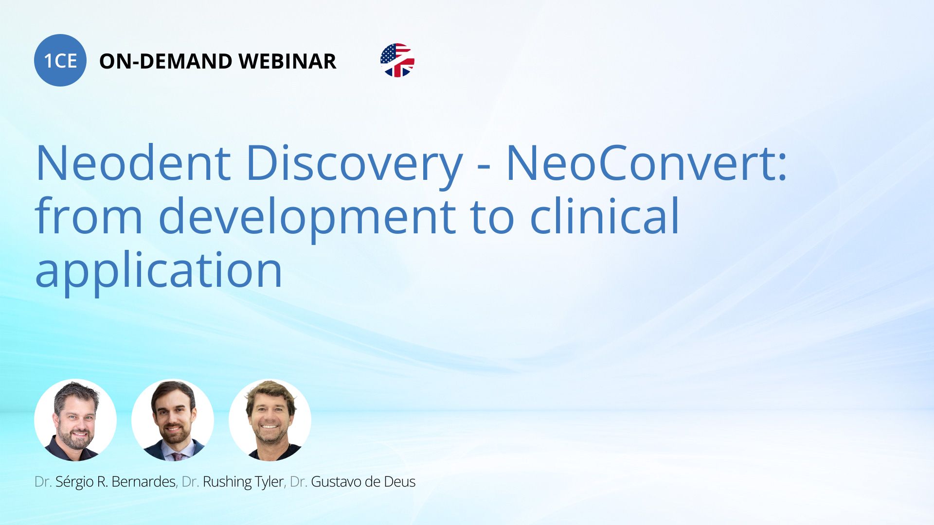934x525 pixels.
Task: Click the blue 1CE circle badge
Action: click(60, 60)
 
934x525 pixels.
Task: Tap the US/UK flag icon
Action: click(397, 60)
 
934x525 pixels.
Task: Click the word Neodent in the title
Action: click(133, 163)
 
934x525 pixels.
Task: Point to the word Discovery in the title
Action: click(355, 165)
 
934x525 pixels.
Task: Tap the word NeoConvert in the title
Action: click(647, 163)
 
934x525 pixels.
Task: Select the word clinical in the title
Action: click(604, 215)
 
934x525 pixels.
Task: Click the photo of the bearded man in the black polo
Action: click(75, 420)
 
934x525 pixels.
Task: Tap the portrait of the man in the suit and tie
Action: click(173, 420)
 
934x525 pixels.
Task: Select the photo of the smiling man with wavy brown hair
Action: click(270, 420)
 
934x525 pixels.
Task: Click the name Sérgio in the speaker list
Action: click(74, 482)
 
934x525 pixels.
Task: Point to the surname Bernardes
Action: click(144, 482)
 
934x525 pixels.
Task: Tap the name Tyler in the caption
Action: click(270, 482)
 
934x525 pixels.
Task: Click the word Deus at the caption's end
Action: click(400, 482)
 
